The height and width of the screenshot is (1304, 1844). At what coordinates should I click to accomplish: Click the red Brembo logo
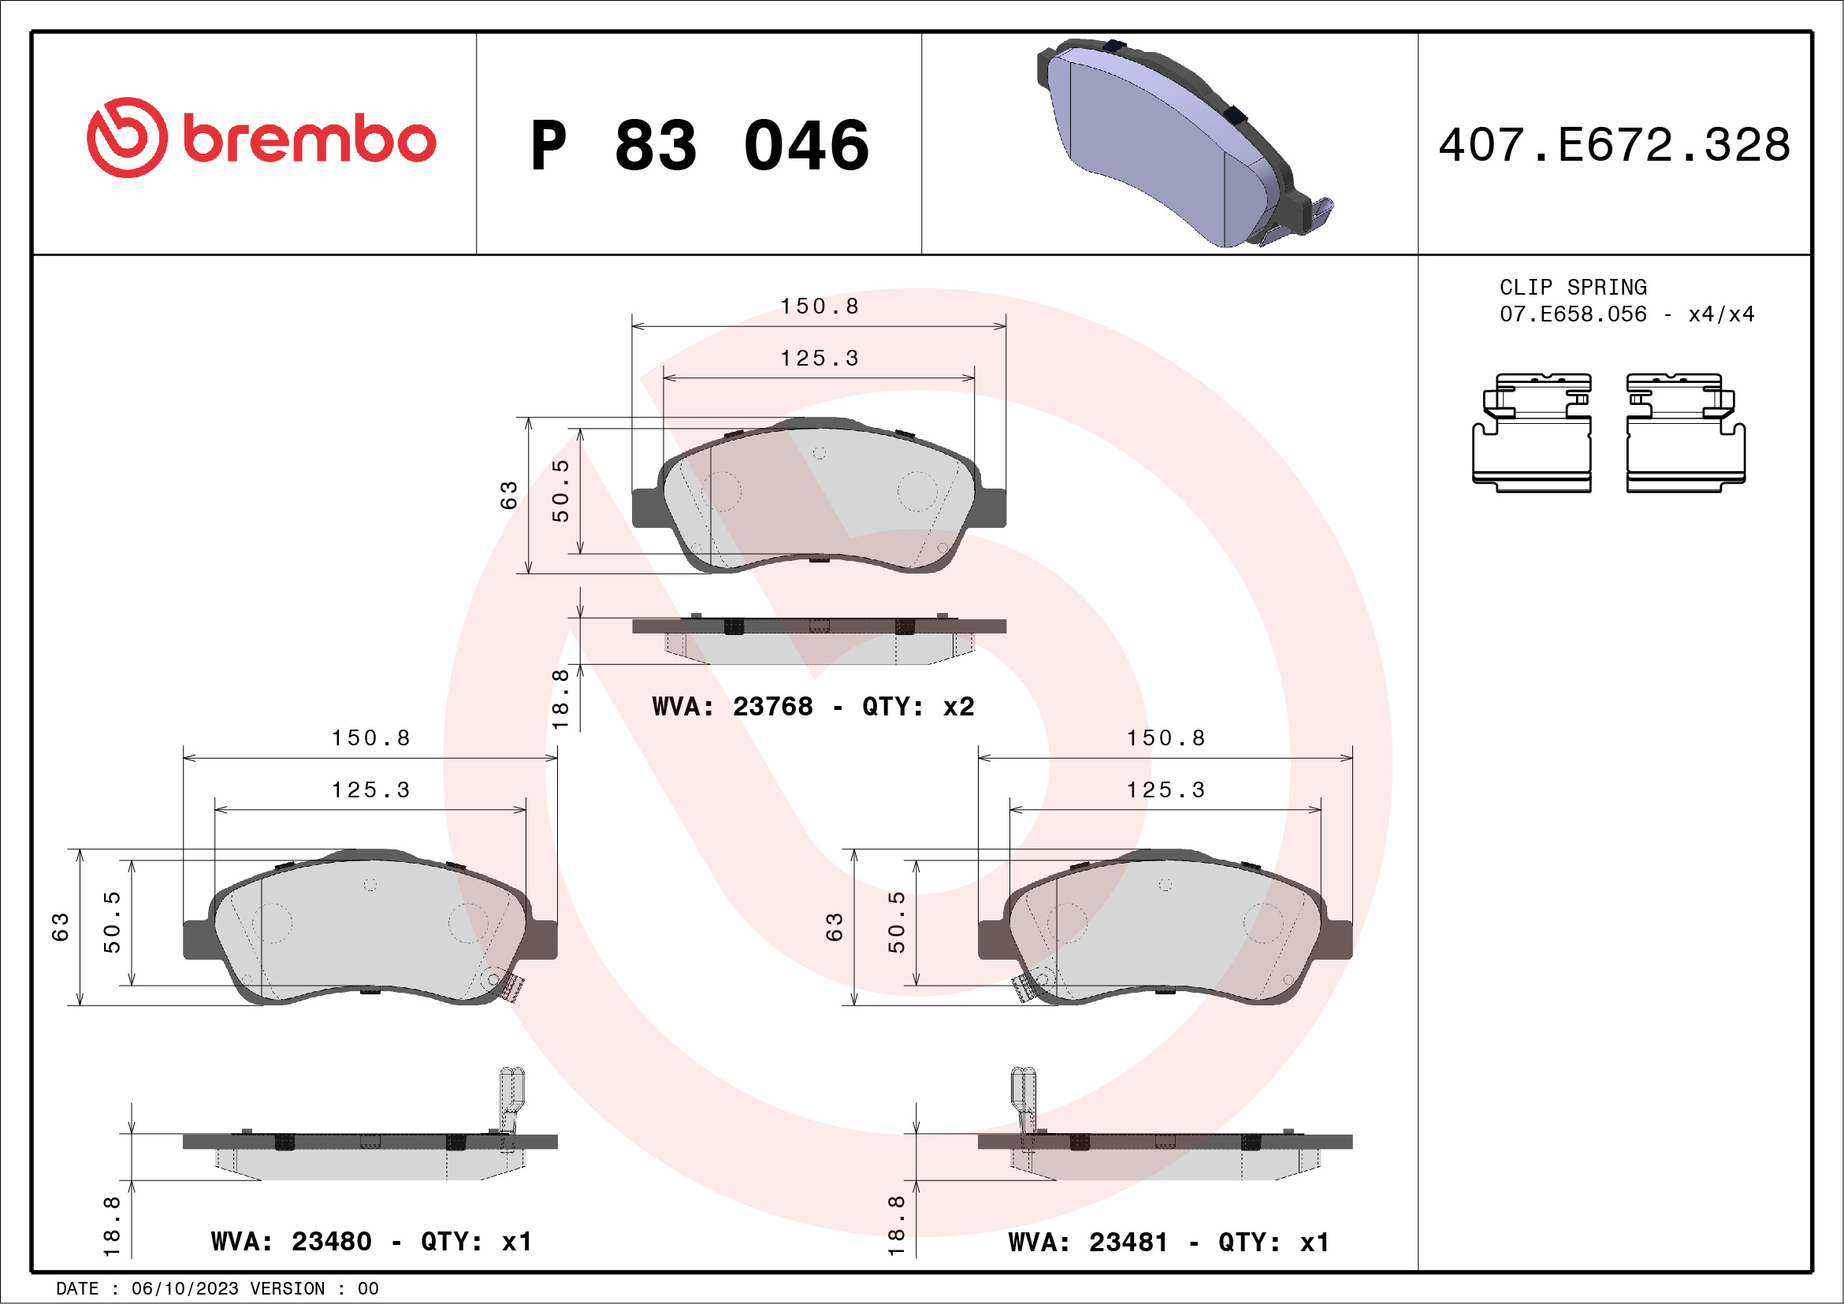point(261,138)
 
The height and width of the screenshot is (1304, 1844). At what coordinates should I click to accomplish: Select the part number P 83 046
point(700,145)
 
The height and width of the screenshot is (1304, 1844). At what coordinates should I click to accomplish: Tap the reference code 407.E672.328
point(1615,144)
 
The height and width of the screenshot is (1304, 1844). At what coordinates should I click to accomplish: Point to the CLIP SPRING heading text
point(1573,287)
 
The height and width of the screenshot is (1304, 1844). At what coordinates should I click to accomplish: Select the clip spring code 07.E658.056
point(1573,314)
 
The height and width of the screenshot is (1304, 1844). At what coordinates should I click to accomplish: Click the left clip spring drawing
point(1532,432)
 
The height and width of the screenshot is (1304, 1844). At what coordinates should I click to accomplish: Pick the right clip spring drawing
point(1685,432)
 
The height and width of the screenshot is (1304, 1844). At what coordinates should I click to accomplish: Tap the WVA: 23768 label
point(732,707)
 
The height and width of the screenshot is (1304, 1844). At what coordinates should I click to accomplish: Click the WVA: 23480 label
point(291,1242)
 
